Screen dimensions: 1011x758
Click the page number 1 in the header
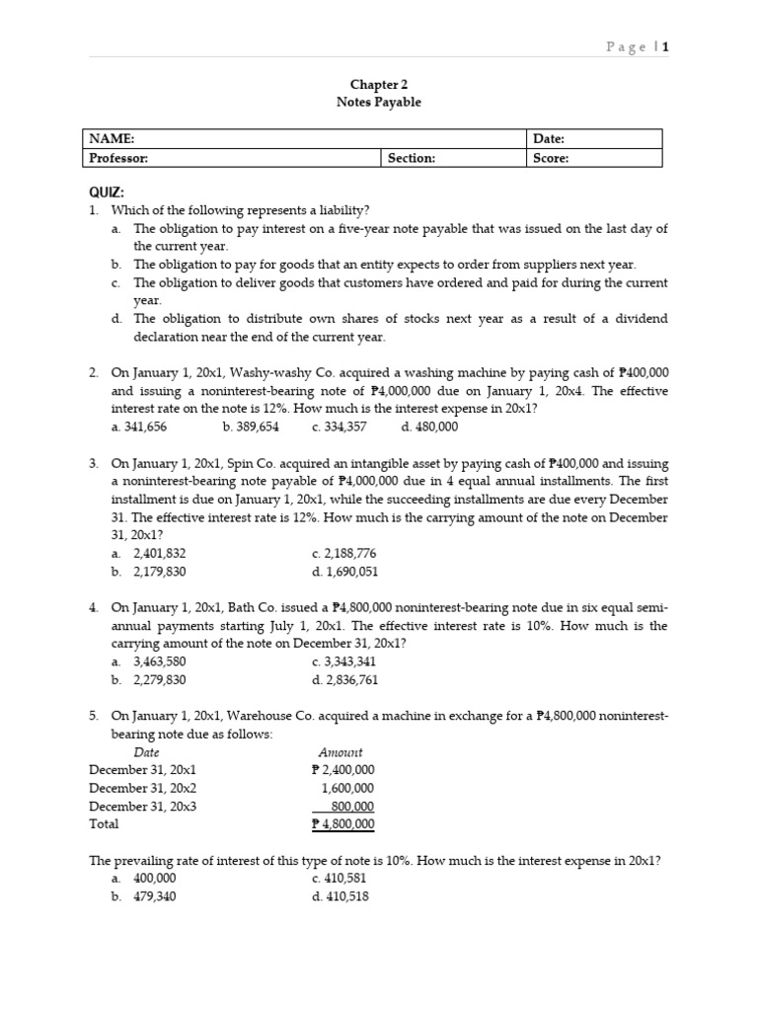tap(665, 46)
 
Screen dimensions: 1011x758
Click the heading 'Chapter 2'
tap(379, 85)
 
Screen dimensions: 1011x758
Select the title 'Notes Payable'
tap(379, 103)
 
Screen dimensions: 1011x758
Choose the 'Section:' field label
tap(412, 158)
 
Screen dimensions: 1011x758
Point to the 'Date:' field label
tap(549, 140)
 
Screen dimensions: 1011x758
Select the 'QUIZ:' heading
tap(107, 193)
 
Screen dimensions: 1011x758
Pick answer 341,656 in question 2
tap(146, 427)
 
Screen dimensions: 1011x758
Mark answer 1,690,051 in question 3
tap(344, 571)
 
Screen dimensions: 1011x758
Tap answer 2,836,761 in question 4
tap(344, 679)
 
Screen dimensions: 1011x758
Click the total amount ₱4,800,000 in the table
tap(342, 823)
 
